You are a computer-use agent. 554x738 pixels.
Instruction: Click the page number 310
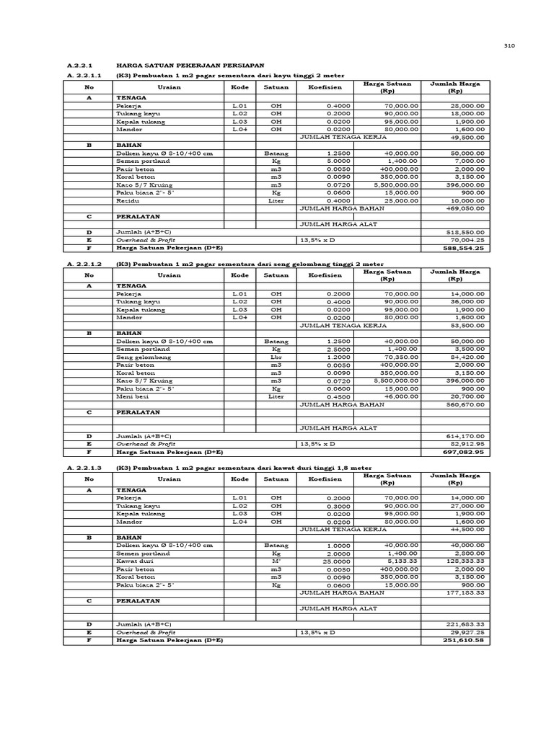pyautogui.click(x=509, y=45)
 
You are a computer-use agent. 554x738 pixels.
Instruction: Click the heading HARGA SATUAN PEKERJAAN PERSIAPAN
pyautogui.click(x=190, y=66)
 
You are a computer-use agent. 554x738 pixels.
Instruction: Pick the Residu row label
pyautogui.click(x=128, y=200)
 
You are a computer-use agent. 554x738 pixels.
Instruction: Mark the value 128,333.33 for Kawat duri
pyautogui.click(x=465, y=561)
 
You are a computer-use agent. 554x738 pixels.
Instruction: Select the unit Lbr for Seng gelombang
pyautogui.click(x=276, y=357)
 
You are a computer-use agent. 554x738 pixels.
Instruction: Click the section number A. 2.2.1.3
pyautogui.click(x=84, y=467)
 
